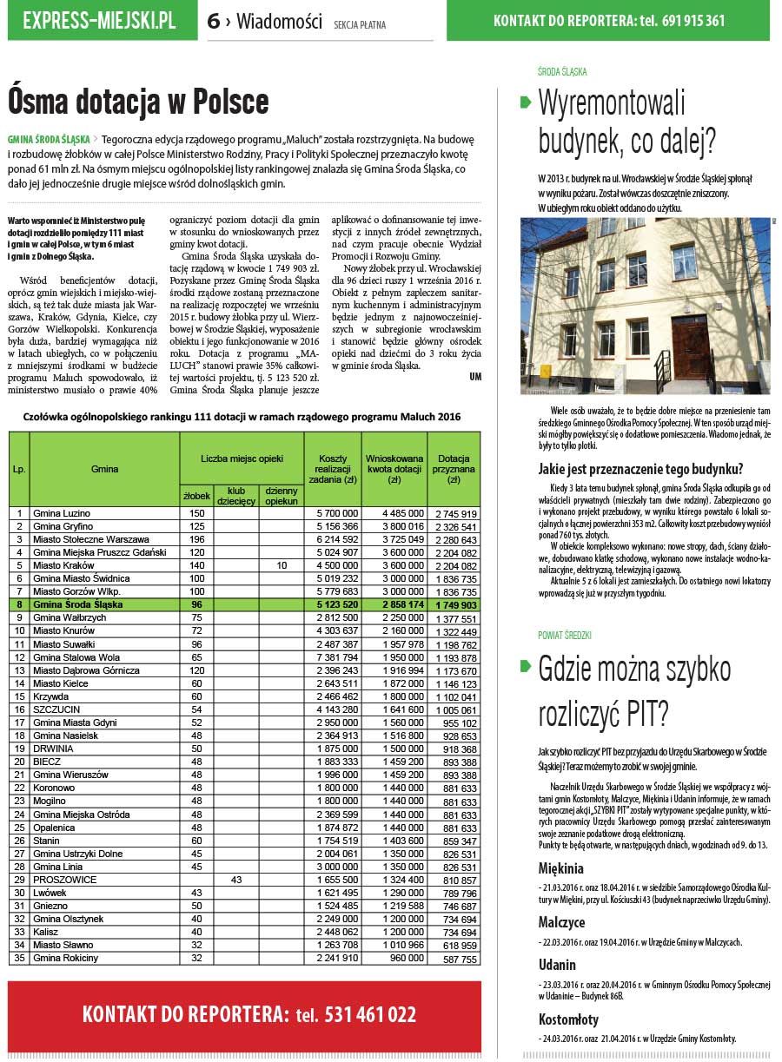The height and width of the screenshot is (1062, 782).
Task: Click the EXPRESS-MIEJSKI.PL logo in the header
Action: coord(99,21)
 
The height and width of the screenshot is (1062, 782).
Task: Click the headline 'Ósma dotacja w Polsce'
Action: coord(138,102)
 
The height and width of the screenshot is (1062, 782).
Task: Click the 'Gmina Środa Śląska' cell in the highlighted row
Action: coord(77,604)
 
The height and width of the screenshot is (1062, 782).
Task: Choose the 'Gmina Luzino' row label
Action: coord(61,513)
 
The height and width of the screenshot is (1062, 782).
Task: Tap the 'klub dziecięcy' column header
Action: coord(236,495)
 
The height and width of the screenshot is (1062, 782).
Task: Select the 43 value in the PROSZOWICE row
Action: coord(236,880)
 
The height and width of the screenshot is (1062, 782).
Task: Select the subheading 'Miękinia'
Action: coord(560,868)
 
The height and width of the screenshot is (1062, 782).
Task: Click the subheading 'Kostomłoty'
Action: coord(568,1019)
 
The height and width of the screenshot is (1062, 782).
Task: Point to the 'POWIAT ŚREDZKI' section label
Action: coord(565,636)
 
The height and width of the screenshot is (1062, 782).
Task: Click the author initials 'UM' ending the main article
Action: coord(474,376)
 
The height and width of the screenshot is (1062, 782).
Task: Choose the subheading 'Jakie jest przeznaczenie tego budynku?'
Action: coord(640,471)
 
